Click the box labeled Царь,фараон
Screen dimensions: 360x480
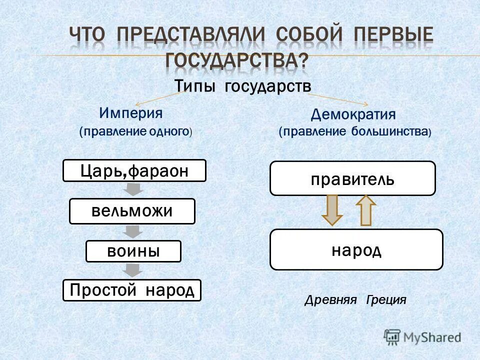[x=134, y=170]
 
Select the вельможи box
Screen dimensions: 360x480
[x=132, y=211]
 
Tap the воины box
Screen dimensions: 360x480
[x=133, y=251]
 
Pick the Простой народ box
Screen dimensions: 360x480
[x=132, y=290]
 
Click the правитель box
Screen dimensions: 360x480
[x=352, y=178]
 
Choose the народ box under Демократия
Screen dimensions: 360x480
[x=356, y=249]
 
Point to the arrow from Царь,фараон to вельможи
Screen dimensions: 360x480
[x=133, y=189]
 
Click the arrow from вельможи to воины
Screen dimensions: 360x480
[x=133, y=231]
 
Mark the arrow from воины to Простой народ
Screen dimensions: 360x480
[x=133, y=270]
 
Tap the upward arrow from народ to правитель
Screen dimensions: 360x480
[x=366, y=210]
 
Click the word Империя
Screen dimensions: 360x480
[x=131, y=112]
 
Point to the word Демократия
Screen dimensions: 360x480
[x=353, y=114]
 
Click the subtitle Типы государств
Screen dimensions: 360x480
[x=243, y=86]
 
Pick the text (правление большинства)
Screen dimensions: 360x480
[x=354, y=132]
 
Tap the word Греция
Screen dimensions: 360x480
[x=386, y=300]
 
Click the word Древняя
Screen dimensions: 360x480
[x=330, y=300]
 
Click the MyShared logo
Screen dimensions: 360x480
[x=422, y=337]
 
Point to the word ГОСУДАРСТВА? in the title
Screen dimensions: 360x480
[x=237, y=60]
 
